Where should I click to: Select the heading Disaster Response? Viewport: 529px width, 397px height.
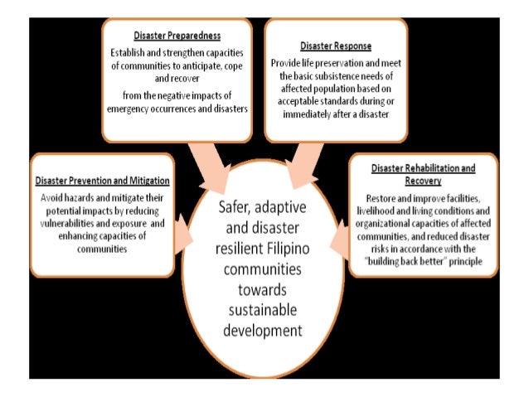tap(337, 45)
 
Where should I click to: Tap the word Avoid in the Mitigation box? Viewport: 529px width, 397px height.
tap(52, 198)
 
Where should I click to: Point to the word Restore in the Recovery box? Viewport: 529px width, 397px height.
tap(378, 198)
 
